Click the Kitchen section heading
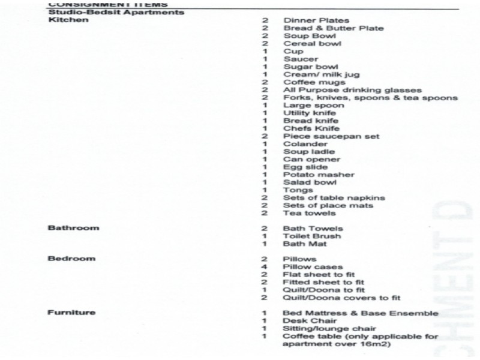[68, 20]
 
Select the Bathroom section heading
[73, 229]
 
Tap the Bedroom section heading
[71, 259]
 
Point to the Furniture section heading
[71, 313]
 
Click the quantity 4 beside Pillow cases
[264, 267]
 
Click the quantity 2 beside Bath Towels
[264, 229]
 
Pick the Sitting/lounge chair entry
[321, 329]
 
